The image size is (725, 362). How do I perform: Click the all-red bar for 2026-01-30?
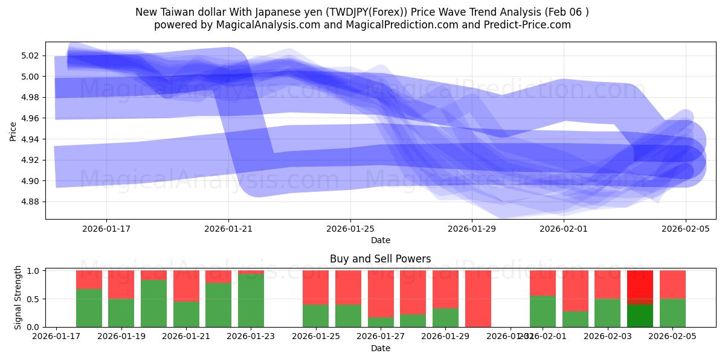coord(478,299)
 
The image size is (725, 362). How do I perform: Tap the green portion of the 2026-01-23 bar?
coord(251,300)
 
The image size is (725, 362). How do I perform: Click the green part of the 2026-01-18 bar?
coord(89,308)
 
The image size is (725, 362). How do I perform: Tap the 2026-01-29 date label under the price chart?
coord(472,229)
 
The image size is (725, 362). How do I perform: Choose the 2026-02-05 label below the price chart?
coord(686,229)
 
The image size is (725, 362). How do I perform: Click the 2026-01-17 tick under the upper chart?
coord(106,229)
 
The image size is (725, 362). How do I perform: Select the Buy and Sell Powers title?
coord(381,259)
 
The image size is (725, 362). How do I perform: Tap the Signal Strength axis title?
coord(18,297)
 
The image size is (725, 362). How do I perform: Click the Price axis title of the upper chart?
coord(13,131)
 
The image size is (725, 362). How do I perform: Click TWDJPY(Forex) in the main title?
coord(359,12)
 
